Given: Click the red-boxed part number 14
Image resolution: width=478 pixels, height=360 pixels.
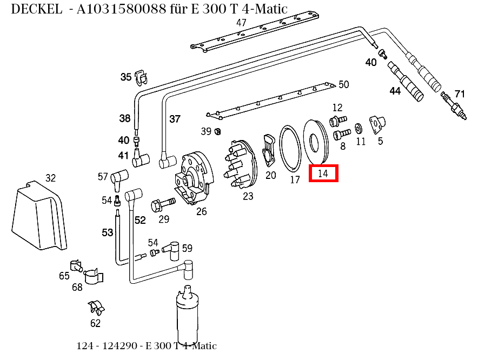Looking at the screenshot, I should (323, 174).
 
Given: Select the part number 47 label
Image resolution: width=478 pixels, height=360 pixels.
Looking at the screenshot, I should (241, 23).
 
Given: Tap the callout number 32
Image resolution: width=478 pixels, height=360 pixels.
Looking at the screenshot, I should (50, 178).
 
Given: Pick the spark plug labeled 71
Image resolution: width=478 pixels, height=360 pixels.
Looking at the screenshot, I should (454, 106).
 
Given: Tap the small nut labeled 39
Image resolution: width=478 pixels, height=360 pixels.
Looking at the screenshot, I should (217, 131).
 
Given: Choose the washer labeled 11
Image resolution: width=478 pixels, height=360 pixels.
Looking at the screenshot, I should (358, 130).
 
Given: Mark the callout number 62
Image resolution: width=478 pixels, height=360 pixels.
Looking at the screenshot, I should (95, 324).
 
